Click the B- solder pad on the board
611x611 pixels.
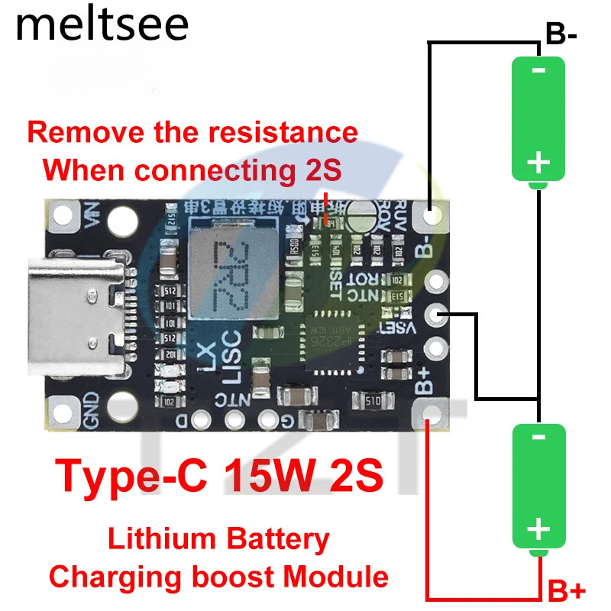432,217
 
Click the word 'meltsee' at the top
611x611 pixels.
101,25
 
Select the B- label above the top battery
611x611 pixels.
566,34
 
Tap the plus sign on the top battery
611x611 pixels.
538,161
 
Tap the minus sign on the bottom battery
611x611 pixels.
538,438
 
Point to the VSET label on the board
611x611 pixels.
398,328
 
